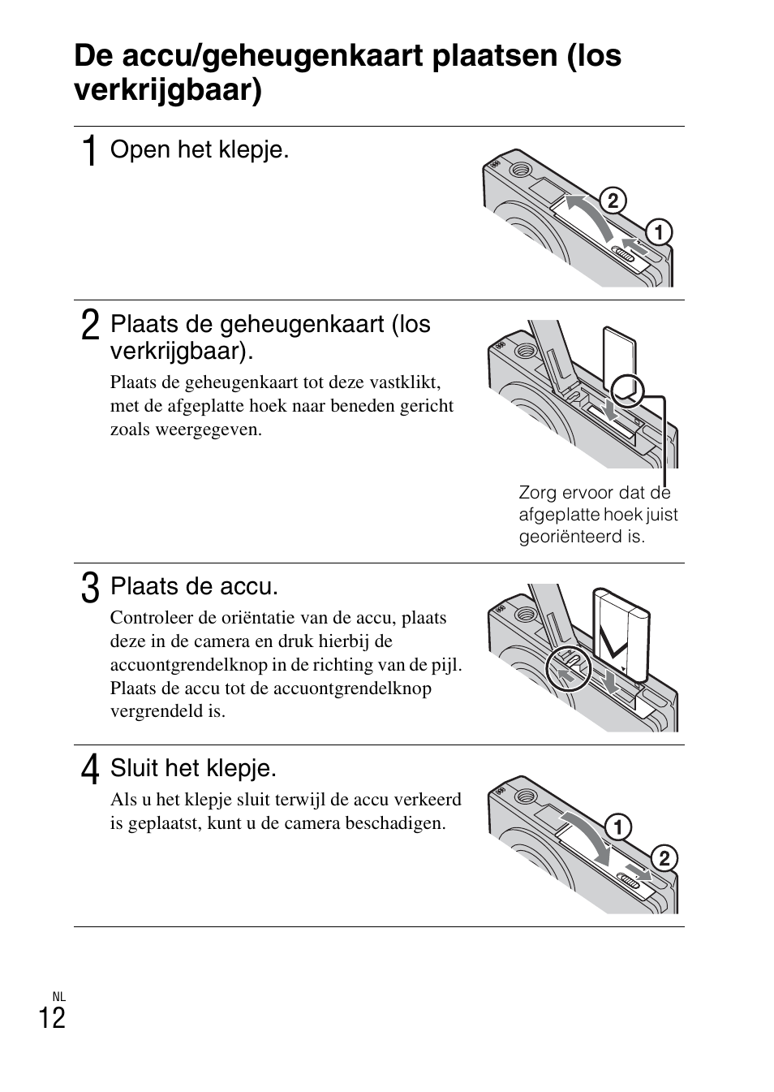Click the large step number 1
(x=90, y=152)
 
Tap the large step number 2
(x=90, y=326)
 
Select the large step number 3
(x=90, y=588)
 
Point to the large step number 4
(x=90, y=770)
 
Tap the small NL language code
(x=58, y=996)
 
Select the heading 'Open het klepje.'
(x=200, y=149)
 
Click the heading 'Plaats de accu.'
(x=194, y=585)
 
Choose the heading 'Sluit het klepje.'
(x=193, y=767)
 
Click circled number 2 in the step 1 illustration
(x=613, y=201)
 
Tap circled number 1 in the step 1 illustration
(x=658, y=232)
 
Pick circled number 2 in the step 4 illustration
(x=663, y=859)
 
